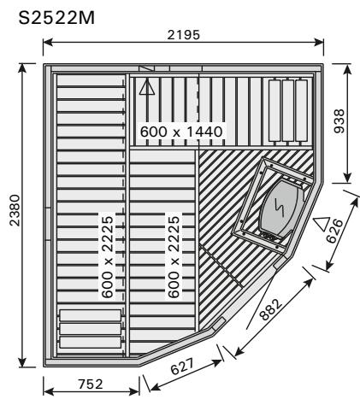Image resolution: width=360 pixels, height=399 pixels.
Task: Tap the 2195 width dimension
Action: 184,33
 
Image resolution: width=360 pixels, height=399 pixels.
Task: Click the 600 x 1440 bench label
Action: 180,132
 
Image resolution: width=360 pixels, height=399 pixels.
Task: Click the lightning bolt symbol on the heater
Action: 280,205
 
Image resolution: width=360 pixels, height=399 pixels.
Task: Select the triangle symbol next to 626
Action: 322,225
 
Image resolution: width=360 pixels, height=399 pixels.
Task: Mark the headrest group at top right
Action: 286,109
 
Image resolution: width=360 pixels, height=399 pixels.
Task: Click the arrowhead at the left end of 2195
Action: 45,42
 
